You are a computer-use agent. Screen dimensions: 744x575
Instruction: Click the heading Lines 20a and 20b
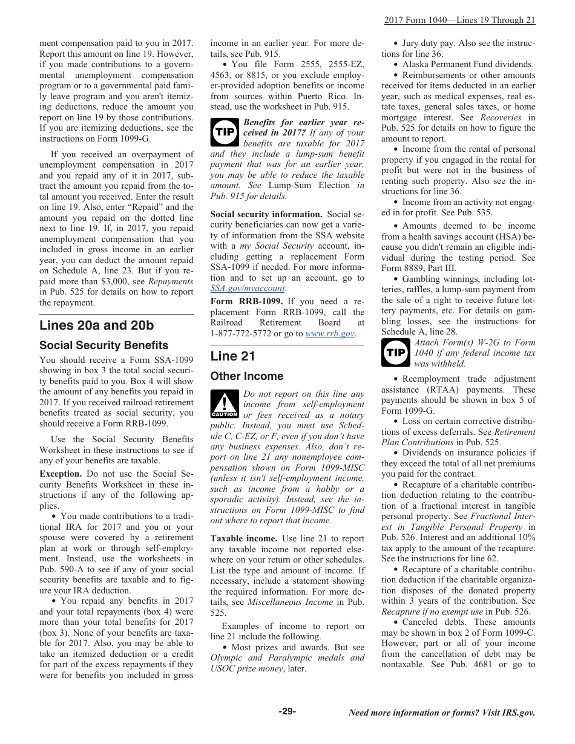tap(96, 325)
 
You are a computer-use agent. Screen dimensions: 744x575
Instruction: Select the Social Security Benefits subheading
tap(103, 345)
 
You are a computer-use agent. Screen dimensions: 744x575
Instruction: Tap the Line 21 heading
tap(232, 356)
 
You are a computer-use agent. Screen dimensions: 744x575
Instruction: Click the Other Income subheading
tap(246, 376)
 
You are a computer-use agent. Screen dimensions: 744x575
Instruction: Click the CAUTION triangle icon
tap(225, 404)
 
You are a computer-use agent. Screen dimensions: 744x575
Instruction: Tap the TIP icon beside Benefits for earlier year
tap(225, 132)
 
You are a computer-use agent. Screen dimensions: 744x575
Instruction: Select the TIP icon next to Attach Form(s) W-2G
tap(395, 353)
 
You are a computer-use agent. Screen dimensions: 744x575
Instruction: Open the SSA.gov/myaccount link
tap(238, 289)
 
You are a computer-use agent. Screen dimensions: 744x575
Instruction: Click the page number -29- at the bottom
tap(287, 711)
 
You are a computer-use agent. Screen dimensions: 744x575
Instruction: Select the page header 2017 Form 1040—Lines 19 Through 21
tap(459, 20)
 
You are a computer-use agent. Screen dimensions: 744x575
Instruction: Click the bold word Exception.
tap(61, 474)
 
